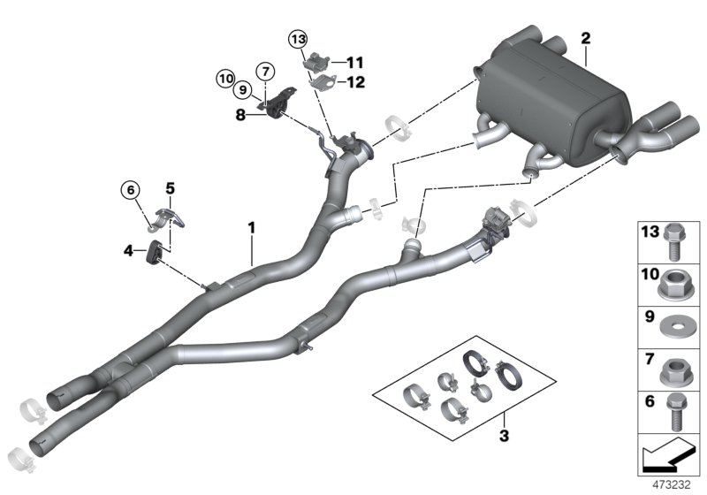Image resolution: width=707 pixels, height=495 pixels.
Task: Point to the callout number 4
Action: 129,251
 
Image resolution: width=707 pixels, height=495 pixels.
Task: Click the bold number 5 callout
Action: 171,187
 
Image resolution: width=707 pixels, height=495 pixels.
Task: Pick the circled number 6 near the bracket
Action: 131,188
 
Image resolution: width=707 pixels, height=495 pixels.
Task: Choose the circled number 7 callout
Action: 263,70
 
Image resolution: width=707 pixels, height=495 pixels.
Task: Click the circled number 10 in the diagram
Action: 225,79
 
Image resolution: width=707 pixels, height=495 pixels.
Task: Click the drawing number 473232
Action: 672,485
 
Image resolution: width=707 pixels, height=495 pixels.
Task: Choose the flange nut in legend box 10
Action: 677,286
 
